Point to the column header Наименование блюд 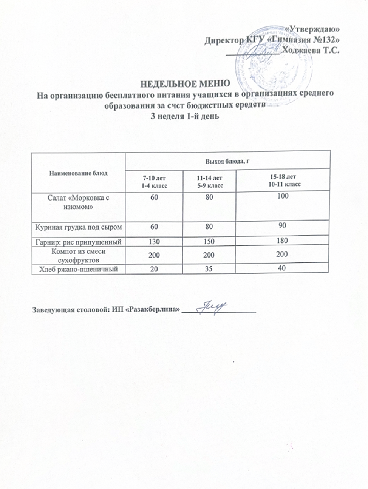(78, 173)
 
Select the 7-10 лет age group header (154, 181)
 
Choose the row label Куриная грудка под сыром (78, 227)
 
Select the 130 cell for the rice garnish (154, 241)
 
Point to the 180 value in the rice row (282, 241)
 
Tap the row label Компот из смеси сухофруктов (78, 255)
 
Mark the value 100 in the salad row (282, 196)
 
